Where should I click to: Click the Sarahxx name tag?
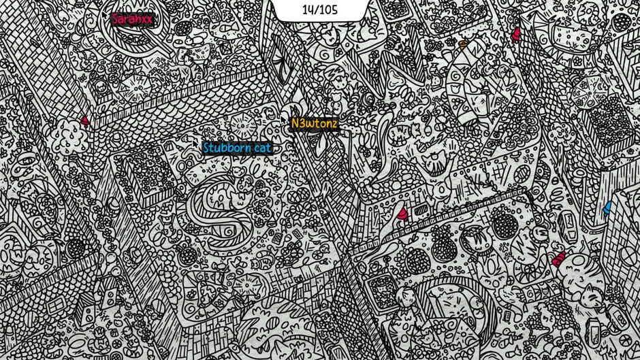132,19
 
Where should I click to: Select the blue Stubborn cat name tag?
237,148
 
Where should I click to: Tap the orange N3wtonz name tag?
314,124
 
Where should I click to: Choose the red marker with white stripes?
559,258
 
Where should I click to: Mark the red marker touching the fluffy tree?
85,120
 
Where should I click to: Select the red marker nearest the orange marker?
515,32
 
